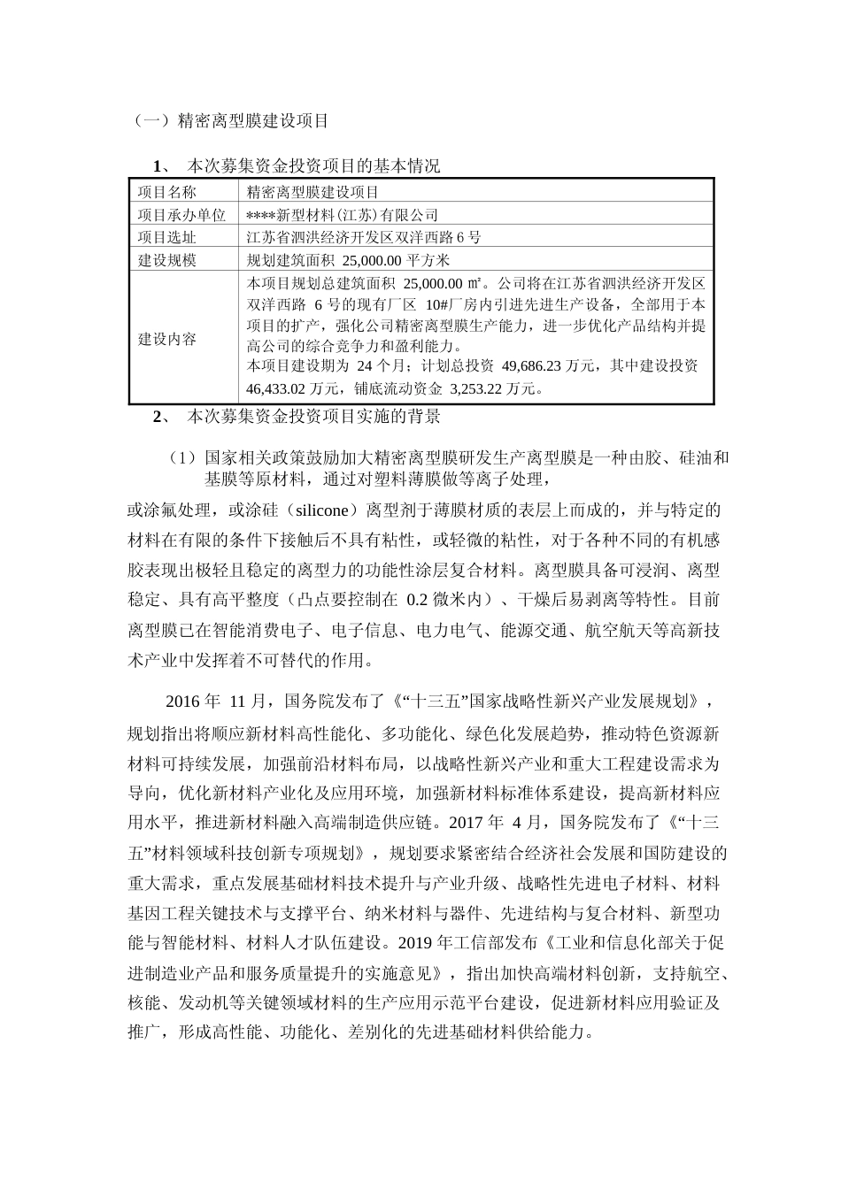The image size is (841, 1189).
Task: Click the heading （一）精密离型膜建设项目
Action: pyautogui.click(x=229, y=120)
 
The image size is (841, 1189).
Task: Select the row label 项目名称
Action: pyautogui.click(x=167, y=192)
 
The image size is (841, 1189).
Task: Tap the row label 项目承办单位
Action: pyautogui.click(x=181, y=215)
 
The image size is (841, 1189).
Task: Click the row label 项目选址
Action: pyautogui.click(x=167, y=237)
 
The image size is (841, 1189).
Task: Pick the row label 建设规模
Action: pyautogui.click(x=167, y=260)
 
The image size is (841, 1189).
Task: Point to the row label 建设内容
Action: pyautogui.click(x=167, y=339)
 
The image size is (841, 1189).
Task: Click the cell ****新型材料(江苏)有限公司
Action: pyautogui.click(x=342, y=215)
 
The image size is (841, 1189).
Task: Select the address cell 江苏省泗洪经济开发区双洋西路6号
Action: pyautogui.click(x=363, y=237)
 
